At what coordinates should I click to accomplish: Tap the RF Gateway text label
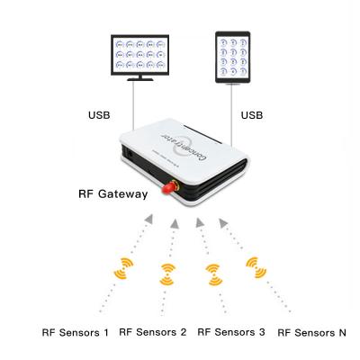pos(111,193)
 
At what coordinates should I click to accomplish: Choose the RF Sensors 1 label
pos(76,332)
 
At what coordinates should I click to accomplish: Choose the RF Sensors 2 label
pos(153,332)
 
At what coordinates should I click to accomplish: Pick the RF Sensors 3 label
pos(231,332)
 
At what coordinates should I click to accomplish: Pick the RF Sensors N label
pos(311,332)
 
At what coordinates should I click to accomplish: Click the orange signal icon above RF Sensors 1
pos(122,269)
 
